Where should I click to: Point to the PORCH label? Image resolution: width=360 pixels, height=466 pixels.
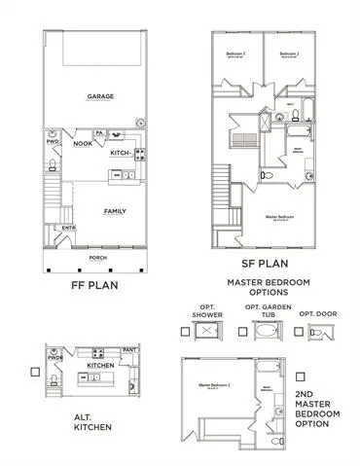97,258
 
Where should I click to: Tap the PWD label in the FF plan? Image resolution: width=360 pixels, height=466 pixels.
53,143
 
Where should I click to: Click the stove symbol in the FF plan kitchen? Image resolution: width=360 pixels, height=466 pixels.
140,154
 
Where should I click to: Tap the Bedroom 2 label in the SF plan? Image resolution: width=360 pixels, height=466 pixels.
286,54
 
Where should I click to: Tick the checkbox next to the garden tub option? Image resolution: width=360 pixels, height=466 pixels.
241,331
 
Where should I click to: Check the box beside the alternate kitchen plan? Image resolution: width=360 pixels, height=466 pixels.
35,372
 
